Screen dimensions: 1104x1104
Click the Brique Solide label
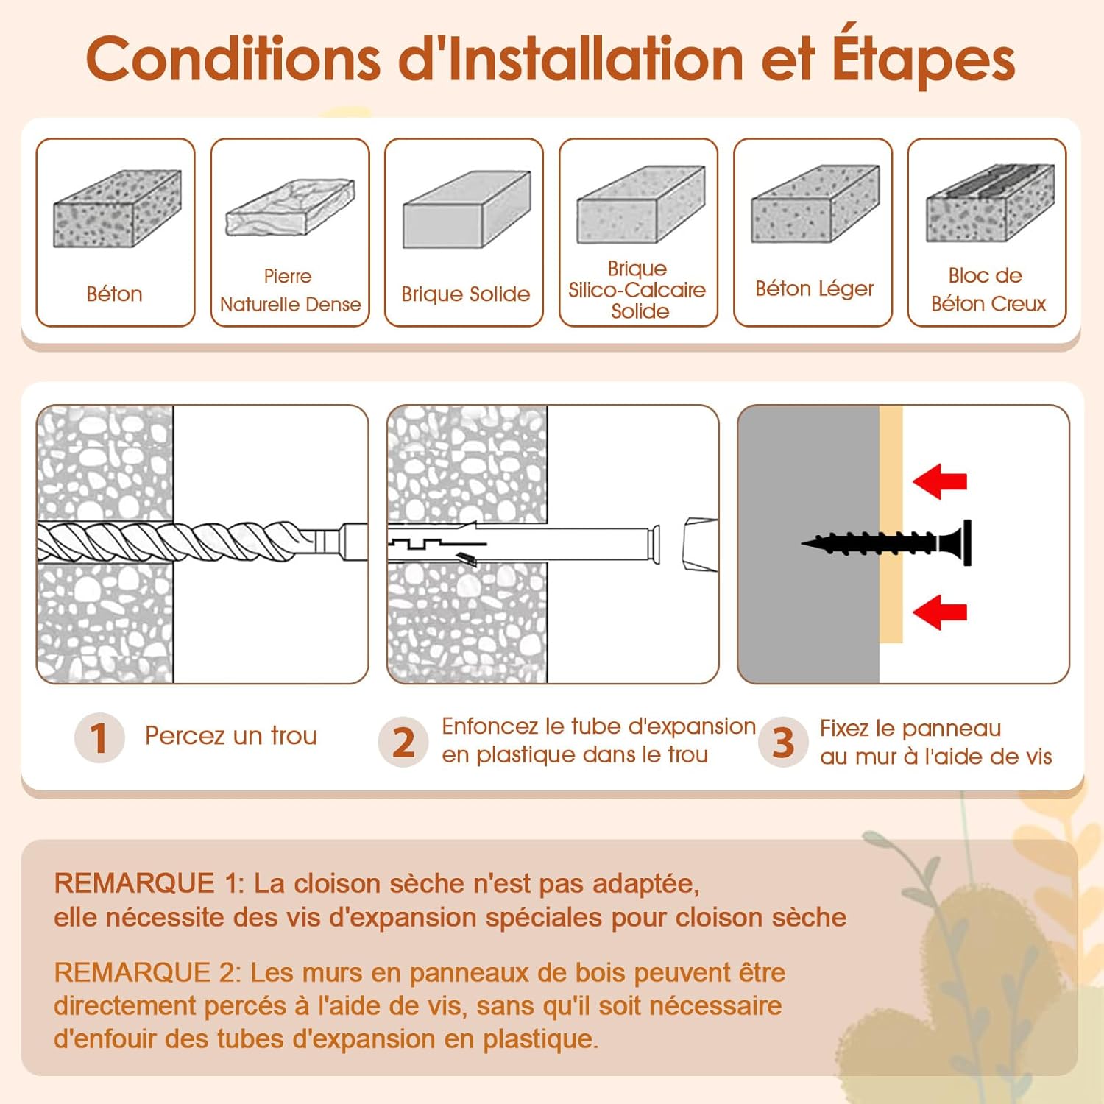click(x=465, y=294)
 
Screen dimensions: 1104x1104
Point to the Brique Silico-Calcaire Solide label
click(x=637, y=290)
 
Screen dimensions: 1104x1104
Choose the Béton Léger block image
click(x=815, y=204)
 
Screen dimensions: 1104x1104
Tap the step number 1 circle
click(x=99, y=737)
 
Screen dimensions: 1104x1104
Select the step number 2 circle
click(x=403, y=742)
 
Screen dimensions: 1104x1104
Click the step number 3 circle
click(x=783, y=742)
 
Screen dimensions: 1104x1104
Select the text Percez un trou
click(x=230, y=736)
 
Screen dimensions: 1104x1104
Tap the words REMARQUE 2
click(x=146, y=972)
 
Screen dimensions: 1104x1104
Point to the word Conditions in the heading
click(x=233, y=59)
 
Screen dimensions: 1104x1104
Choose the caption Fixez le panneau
click(x=910, y=729)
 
